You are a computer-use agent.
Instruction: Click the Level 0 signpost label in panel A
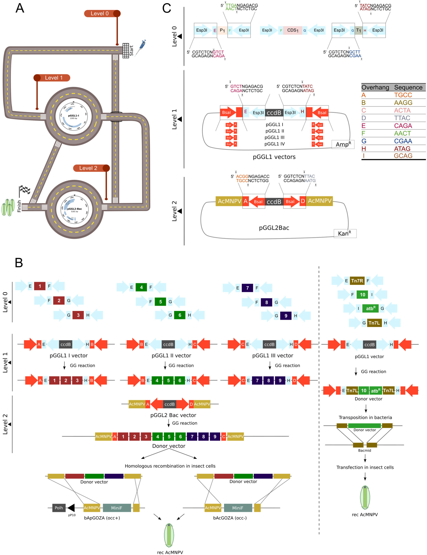[x=99, y=14]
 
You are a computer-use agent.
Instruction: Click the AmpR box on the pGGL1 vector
[x=343, y=144]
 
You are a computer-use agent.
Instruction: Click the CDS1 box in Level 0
[x=292, y=30]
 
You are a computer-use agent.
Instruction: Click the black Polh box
[x=59, y=508]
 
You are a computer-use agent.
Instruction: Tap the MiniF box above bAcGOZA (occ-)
[x=238, y=508]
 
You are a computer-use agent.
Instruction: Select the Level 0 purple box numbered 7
[x=247, y=288]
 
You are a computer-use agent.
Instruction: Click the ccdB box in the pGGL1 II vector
[x=168, y=344]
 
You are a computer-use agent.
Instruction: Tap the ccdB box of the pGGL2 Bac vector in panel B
[x=170, y=404]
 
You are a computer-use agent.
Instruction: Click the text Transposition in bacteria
[x=365, y=418]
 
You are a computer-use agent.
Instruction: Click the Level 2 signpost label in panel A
[x=88, y=168]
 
